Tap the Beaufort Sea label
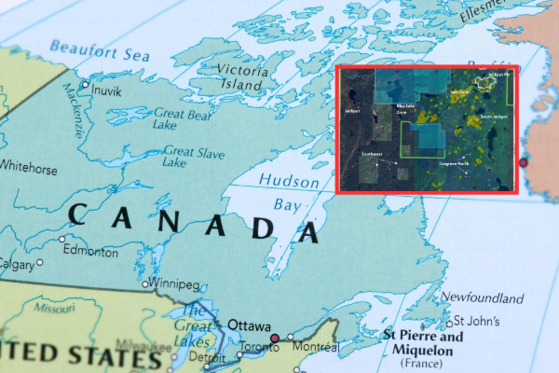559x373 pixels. [100, 49]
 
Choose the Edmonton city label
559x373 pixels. [89, 252]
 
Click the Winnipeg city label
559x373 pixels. [174, 283]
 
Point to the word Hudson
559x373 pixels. [288, 180]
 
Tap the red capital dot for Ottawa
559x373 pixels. [276, 338]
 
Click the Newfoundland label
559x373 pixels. [482, 298]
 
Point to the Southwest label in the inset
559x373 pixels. [372, 153]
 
